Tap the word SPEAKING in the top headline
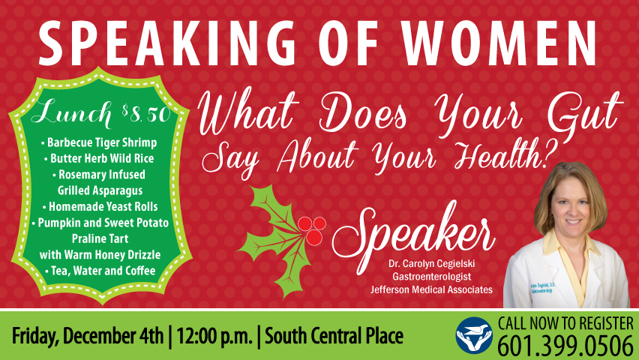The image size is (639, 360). coord(167,43)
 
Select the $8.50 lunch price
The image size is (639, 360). coord(146,114)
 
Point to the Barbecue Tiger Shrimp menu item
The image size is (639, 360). coord(99,142)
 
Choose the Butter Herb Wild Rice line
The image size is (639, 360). coord(99,158)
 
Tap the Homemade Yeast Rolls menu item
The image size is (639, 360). coord(100,207)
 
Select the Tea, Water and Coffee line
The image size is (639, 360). coord(100,271)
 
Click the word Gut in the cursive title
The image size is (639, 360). coord(585,113)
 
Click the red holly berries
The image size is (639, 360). coord(312,230)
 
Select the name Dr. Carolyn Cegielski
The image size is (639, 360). coord(431,264)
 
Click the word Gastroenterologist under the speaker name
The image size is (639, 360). coord(431,277)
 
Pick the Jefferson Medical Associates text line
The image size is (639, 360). coord(431,290)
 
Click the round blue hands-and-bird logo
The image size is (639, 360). coord(474,335)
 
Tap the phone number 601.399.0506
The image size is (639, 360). coord(565,346)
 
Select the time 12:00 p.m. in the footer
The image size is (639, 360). coord(214,336)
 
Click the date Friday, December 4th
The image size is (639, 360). coord(88,336)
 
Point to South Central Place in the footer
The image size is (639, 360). coord(334,336)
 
